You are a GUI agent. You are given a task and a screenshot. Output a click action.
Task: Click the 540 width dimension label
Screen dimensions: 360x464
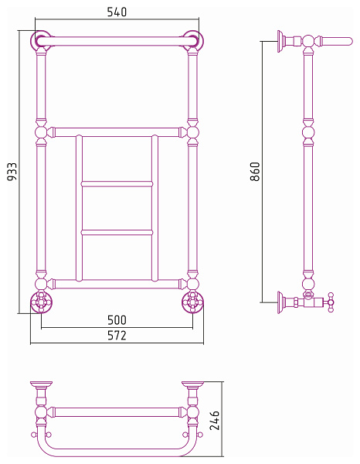117,12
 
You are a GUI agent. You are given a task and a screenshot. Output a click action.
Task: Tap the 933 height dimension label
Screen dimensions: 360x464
12,172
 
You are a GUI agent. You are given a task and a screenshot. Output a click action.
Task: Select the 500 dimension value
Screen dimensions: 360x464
117,320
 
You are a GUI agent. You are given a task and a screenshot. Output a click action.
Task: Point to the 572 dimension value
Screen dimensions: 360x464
117,336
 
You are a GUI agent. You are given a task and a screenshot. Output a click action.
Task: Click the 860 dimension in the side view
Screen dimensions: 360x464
255,172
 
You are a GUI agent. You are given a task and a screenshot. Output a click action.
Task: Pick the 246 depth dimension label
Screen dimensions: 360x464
215,420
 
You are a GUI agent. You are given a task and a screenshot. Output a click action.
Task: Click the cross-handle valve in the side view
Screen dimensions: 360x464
331,302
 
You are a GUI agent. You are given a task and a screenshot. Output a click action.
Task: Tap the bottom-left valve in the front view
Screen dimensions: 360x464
42,302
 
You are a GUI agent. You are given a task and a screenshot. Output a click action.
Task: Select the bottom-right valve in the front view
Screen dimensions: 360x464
192,302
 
